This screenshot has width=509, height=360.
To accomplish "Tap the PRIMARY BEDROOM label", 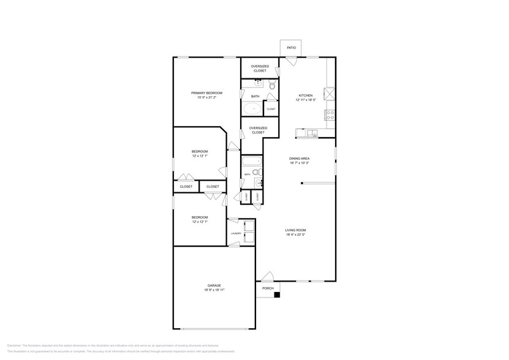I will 206,92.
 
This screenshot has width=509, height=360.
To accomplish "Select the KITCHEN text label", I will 305,95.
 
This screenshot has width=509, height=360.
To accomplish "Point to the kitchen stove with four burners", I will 331,114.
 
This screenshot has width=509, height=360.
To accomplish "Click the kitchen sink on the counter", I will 312,132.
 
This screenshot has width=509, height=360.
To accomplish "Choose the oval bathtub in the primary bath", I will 252,109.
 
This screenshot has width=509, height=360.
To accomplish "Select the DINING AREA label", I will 299,158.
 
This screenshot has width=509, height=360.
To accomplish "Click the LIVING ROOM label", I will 295,230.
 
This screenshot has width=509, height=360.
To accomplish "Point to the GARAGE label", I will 214,285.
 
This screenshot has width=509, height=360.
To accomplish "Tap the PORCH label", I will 268,288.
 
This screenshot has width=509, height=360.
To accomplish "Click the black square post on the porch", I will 277,295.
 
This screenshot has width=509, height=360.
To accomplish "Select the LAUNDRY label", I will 236,233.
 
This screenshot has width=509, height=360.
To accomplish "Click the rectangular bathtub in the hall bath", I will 252,162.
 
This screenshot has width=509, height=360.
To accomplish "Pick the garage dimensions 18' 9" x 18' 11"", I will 214,290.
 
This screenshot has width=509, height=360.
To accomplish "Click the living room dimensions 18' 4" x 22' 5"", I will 295,234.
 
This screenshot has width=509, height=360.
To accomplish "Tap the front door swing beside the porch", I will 267,276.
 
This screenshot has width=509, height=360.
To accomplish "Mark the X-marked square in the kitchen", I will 330,94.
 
